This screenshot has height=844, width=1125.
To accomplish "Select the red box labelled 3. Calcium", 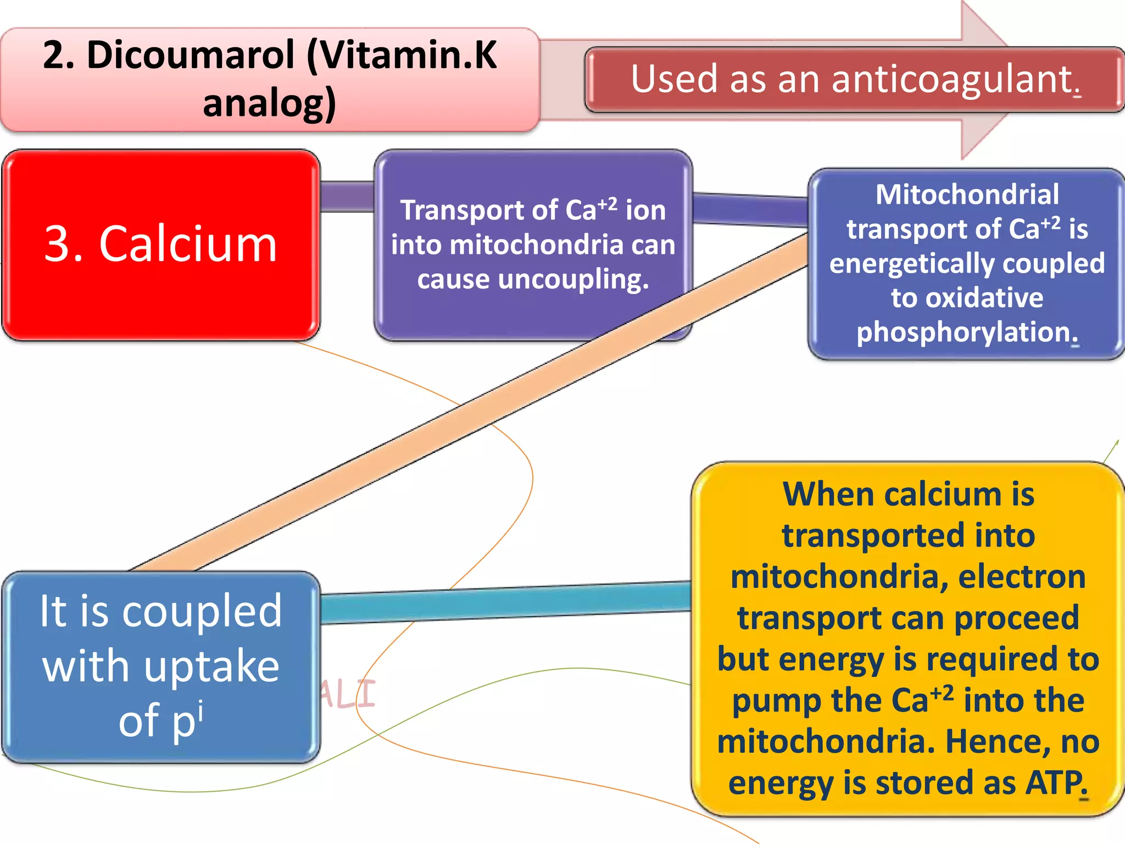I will coord(160,245).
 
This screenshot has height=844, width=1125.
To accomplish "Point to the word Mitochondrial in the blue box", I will coord(967,195).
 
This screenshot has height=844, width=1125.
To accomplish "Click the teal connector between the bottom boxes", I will coord(505,603).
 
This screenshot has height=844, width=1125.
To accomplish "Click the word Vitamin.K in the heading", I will coord(402,55).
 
